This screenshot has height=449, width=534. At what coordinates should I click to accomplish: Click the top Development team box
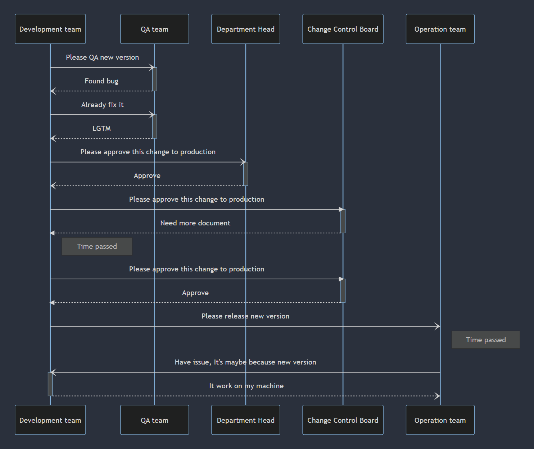point(50,29)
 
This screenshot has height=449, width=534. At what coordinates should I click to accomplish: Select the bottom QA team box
point(154,420)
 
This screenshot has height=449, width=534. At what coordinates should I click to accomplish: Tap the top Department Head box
point(245,29)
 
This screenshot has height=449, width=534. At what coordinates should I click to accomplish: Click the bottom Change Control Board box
point(343,420)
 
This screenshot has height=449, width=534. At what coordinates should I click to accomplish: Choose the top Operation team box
point(440,29)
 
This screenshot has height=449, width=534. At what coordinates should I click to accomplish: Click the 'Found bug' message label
point(101,81)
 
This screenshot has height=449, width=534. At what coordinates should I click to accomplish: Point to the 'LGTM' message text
point(101,129)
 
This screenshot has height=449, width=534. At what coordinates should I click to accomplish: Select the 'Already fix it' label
point(102,105)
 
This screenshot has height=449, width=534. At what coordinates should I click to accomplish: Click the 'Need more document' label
point(195,223)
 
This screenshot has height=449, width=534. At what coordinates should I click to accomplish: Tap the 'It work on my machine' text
point(246,386)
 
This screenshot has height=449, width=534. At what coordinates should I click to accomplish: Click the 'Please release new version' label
point(245,316)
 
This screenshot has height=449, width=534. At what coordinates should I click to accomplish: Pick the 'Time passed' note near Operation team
point(485,340)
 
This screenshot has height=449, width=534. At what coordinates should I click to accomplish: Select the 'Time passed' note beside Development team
point(97,246)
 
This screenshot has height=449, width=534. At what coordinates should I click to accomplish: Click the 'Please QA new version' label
point(102,58)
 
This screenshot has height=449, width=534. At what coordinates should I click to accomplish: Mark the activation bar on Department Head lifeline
point(246,174)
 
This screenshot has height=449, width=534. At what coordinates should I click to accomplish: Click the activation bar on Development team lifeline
point(50,384)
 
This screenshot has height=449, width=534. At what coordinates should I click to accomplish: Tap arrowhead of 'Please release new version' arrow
point(438,326)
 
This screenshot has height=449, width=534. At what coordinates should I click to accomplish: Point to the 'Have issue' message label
point(245,362)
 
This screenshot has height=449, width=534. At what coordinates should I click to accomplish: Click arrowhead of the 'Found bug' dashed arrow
point(53,91)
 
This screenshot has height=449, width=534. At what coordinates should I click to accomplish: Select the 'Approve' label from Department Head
point(147,176)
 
